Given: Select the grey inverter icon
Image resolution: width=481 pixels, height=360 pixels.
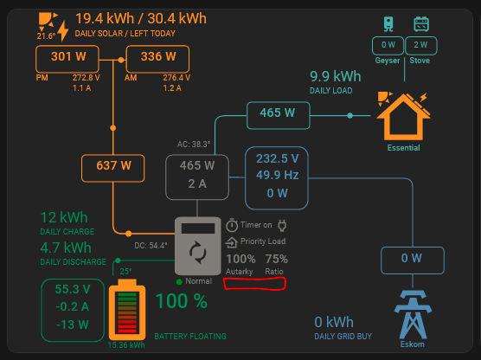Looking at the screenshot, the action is [198, 246].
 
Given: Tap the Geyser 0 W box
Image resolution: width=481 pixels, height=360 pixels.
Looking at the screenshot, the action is [388, 45].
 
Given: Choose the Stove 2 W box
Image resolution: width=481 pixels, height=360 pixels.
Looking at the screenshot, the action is [420, 45].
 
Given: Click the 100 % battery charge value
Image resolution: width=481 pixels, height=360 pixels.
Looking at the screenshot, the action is [182, 301].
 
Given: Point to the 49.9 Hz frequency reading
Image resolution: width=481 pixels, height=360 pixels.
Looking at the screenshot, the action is [278, 176].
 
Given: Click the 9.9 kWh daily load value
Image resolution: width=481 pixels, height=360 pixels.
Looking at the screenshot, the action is [336, 76].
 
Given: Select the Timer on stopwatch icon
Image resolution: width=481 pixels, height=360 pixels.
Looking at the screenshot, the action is [232, 225].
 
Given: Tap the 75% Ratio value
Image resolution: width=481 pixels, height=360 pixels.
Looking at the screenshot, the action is [276, 259].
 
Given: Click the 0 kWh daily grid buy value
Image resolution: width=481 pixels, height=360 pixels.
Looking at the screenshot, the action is [334, 322].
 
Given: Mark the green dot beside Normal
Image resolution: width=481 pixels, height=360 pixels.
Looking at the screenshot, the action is [179, 282].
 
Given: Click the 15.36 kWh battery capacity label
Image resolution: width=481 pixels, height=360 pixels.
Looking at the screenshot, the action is [126, 345].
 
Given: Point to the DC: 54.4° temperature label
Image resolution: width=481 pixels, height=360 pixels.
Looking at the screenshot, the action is [151, 246].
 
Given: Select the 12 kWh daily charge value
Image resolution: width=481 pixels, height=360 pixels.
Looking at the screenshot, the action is [64, 217].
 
